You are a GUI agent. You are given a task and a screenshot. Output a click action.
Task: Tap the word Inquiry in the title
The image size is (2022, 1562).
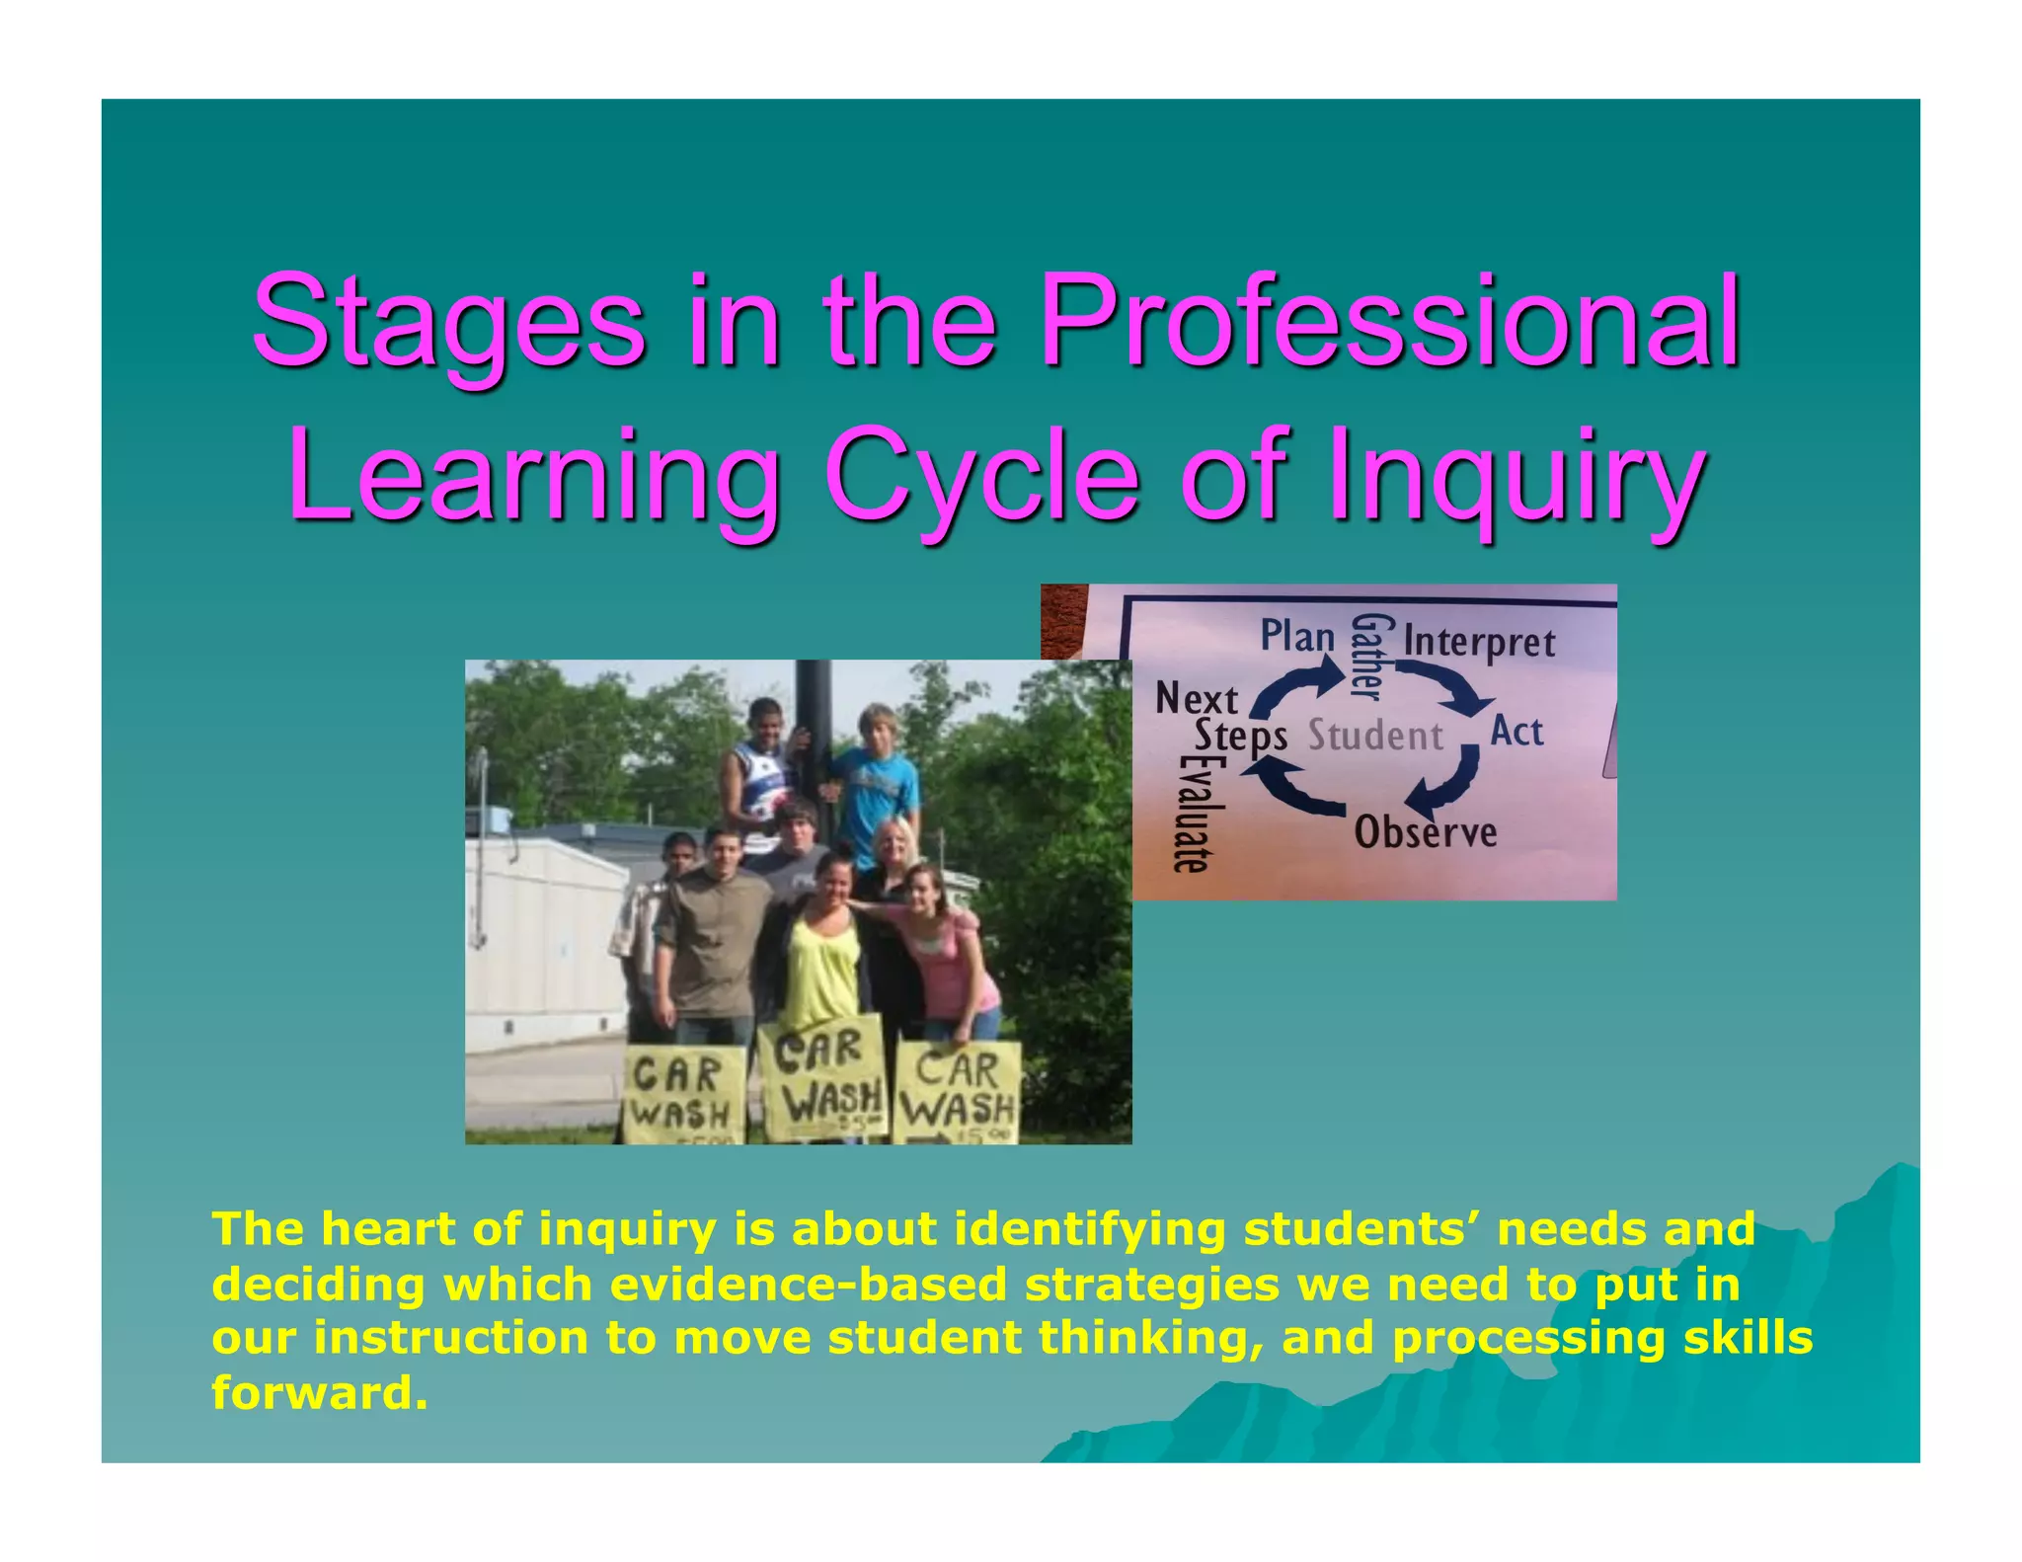(1516, 477)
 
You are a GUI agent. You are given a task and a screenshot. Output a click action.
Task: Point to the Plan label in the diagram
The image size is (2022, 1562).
(1297, 636)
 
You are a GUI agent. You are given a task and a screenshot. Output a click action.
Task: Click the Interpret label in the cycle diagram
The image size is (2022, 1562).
(1479, 642)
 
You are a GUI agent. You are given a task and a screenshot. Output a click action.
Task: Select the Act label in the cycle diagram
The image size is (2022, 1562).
(1516, 732)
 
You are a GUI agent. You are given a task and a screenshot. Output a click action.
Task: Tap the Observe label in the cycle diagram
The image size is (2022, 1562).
(1425, 832)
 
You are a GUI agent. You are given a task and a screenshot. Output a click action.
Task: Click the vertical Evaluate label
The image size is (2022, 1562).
(1189, 816)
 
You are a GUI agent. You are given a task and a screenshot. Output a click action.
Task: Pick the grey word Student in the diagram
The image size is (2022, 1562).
(1375, 737)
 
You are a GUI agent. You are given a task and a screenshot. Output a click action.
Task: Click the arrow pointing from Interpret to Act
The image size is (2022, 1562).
(1449, 685)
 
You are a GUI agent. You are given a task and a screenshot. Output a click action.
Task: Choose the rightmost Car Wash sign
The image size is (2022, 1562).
(957, 1092)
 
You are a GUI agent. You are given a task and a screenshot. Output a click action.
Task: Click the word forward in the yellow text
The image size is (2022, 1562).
(319, 1393)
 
